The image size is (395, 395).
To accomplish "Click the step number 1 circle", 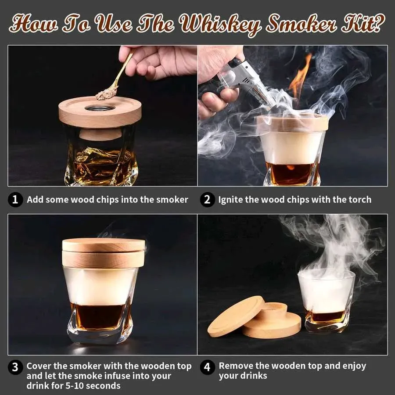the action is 15,200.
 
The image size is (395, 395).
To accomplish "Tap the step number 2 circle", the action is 207,200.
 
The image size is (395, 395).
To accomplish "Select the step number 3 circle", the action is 15,367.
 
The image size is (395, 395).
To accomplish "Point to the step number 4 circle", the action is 207,367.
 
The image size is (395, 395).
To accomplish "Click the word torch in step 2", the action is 360,200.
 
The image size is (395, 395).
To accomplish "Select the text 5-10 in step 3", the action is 74,386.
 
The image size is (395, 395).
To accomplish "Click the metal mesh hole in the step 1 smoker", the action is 100,108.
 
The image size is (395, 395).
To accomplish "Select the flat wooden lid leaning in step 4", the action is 236,316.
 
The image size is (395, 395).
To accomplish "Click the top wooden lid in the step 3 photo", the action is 103,245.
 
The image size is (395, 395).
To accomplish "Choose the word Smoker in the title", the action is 301,24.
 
